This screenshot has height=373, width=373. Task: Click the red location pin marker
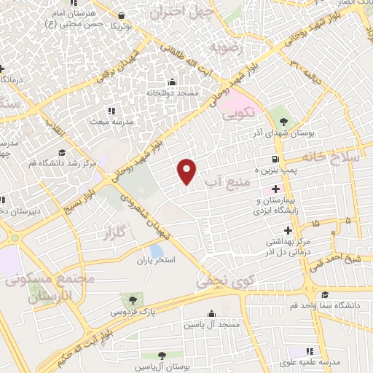click(x=187, y=170)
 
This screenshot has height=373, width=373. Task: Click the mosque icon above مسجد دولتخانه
click(x=171, y=82)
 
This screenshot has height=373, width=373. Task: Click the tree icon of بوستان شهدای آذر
click(x=283, y=121)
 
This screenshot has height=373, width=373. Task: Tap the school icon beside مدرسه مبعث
click(x=111, y=111)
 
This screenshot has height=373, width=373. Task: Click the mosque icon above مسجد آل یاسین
click(x=211, y=314)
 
